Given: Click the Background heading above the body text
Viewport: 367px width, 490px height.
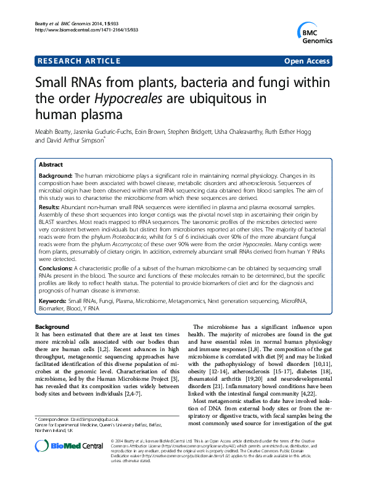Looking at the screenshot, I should (52, 326).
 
